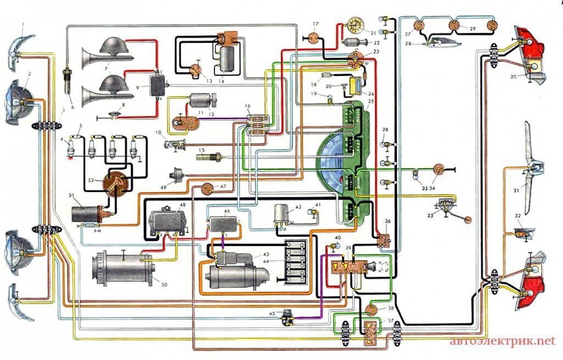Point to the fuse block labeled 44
[x=295, y=263]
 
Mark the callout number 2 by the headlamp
[x=29, y=74]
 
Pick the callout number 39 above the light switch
[x=349, y=248]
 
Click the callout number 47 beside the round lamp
[x=223, y=185]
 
